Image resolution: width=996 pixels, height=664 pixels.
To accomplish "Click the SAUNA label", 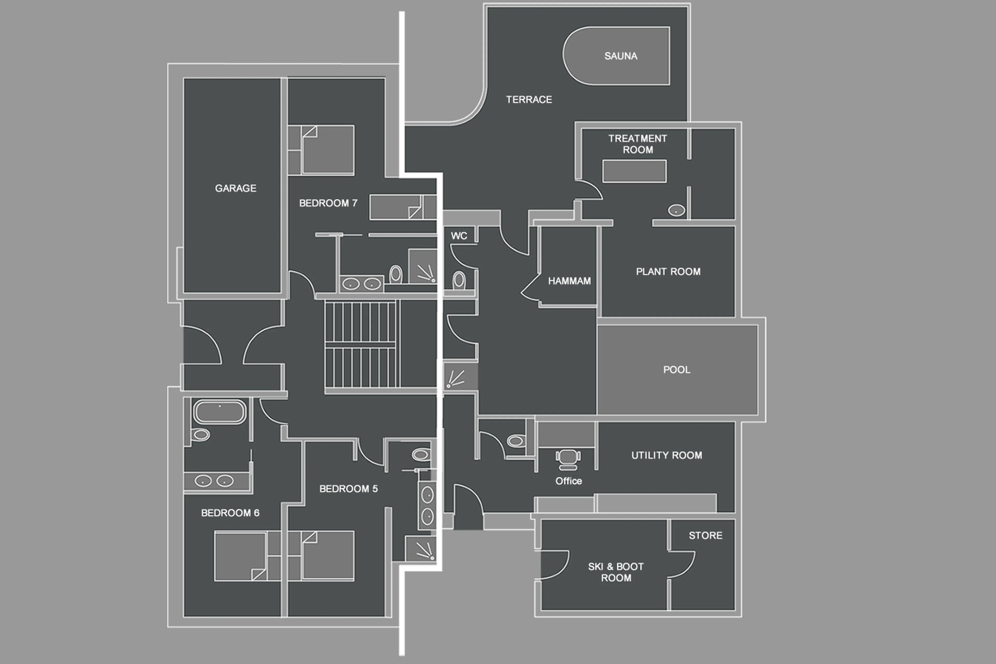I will coord(620,56).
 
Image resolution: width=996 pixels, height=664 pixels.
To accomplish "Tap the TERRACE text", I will coord(529,100).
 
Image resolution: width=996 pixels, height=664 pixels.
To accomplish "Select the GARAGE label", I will coord(235,188).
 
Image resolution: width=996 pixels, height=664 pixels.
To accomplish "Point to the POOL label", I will coord(676,370).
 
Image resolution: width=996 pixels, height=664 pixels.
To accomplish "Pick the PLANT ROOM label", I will coord(668,271).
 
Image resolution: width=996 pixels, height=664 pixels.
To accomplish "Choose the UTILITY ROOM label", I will coord(666,455).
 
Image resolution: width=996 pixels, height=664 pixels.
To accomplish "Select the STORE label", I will coord(705,535).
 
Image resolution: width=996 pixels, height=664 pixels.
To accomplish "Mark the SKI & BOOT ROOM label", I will coord(616,572).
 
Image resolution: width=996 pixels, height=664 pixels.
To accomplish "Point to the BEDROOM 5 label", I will coord(348,489).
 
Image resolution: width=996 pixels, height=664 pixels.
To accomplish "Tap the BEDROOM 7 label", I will coord(328,203).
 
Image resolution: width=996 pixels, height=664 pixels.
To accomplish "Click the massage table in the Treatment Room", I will coord(634,171).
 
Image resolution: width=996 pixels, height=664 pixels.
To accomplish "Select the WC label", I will coord(459,236).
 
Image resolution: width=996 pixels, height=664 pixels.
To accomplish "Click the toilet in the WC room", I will coord(459,280).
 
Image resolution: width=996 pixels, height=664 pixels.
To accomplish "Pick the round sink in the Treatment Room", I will coord(676,210).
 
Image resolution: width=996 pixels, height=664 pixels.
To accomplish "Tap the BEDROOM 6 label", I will coord(230,513).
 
